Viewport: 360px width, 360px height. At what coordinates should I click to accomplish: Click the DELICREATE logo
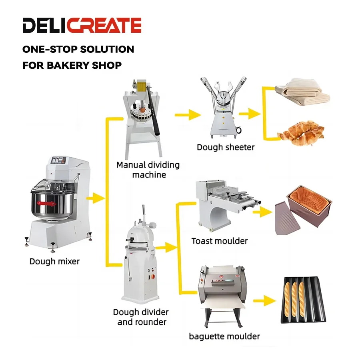[x=82, y=25]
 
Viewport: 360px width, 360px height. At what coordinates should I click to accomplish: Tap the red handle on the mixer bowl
[x=47, y=204]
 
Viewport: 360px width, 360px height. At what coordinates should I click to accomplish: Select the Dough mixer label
[x=55, y=261]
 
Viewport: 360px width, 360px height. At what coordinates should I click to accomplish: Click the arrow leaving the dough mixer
[x=95, y=198]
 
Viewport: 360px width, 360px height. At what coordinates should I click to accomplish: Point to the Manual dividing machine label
[x=148, y=170]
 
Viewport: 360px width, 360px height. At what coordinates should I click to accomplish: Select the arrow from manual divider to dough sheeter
[x=188, y=114]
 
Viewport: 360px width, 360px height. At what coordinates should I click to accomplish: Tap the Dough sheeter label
[x=226, y=147]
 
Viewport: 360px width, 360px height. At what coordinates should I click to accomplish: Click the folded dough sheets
[x=303, y=92]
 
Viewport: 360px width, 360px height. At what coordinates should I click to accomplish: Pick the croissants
[x=301, y=133]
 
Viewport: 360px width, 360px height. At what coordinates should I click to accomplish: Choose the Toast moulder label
[x=220, y=241]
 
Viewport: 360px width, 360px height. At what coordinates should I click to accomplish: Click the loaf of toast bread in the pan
[x=309, y=198]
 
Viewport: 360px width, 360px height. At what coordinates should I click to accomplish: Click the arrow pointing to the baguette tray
[x=264, y=300]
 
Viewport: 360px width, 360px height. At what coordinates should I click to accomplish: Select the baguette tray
[x=304, y=300]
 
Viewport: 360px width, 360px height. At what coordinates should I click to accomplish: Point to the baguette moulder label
[x=224, y=336]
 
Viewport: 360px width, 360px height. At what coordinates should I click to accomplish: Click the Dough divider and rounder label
[x=141, y=317]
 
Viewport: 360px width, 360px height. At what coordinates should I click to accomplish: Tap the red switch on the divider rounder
[x=153, y=276]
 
